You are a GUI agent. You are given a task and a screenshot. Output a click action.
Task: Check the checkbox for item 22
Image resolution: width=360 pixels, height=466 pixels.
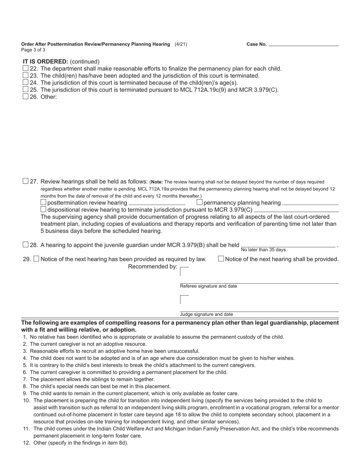tap(25, 68)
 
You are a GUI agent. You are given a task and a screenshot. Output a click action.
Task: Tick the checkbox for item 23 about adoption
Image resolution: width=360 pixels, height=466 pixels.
tap(25, 75)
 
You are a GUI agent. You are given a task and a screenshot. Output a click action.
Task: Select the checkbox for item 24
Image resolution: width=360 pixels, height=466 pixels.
tap(25, 82)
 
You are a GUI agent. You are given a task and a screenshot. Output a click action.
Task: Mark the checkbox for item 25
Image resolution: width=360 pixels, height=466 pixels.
tap(25, 89)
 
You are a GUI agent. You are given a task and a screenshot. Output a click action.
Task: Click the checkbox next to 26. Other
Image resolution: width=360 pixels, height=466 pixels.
tap(25, 96)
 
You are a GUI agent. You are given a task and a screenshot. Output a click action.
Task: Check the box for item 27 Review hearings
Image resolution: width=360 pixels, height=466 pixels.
tap(25, 181)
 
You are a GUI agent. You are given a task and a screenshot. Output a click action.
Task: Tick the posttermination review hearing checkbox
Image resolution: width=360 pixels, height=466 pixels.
tap(43, 202)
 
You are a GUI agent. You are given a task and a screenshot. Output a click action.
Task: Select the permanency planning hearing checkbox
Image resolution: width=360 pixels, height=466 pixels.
tap(200, 202)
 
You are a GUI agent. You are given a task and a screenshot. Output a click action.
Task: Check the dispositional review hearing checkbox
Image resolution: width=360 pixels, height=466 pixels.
tap(43, 210)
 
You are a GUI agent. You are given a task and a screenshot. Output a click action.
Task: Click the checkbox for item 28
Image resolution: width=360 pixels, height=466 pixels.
tap(25, 245)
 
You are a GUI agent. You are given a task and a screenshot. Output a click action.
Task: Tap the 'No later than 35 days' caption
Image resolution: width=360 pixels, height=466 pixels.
tap(263, 250)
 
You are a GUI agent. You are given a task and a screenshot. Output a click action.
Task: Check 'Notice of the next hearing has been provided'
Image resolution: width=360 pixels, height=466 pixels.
tap(36, 259)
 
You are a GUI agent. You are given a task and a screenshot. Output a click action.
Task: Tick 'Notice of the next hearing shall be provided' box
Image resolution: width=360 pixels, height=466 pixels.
tap(221, 259)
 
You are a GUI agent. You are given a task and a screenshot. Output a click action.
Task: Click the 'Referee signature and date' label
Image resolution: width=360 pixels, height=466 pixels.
tap(208, 286)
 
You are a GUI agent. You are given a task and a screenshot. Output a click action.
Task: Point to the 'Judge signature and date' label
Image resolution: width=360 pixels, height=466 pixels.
tap(206, 314)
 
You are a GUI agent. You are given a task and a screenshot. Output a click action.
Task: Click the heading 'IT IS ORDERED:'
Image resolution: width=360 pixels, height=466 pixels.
tap(45, 61)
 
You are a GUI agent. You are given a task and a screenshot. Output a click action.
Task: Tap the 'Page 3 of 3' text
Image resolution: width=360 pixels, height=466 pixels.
tap(33, 50)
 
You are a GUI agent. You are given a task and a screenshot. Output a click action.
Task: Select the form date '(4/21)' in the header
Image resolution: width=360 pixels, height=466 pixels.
tap(181, 44)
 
